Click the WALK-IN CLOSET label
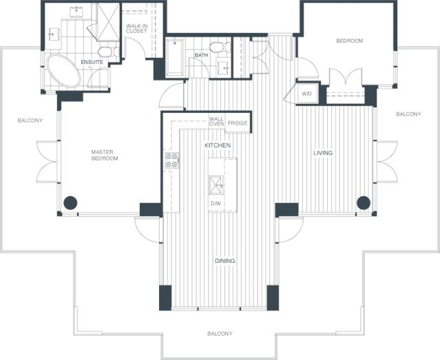pos(136,28)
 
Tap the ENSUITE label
pos(92,62)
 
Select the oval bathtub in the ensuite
pos(64,71)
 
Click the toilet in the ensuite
pos(109,52)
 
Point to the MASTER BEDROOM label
pos(105,155)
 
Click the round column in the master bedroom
pos(70,202)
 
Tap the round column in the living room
pos(364,202)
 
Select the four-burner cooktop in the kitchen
pos(171,160)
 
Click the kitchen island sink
pos(216,185)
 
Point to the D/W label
pos(216,204)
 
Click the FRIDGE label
pos(238,123)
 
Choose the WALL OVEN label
pos(217,122)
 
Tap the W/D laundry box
pos(307,93)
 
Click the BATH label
pos(201,55)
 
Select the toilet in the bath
pos(220,47)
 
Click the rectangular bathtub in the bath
pos(175,58)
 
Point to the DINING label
pos(225,261)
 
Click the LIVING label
pos(323,153)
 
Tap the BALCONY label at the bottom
pos(220,334)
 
